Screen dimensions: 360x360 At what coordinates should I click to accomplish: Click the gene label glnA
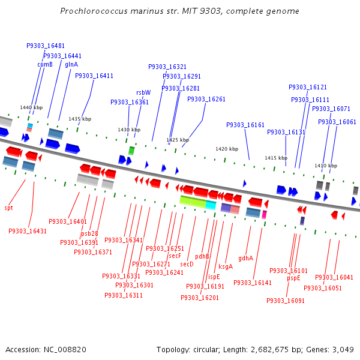[71, 64]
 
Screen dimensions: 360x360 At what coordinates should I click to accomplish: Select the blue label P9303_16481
[46, 46]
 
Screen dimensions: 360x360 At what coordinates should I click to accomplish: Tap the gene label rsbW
[143, 92]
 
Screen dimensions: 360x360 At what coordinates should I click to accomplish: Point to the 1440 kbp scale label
[31, 107]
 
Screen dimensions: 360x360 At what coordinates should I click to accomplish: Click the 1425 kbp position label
[178, 140]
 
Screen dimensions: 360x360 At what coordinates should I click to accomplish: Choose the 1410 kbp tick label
[326, 165]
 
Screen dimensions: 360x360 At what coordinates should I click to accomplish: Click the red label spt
[8, 208]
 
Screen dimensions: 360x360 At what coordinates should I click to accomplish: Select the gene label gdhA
[245, 258]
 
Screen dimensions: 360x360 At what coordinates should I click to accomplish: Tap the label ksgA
[226, 266]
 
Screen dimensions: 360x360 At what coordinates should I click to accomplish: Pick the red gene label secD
[187, 263]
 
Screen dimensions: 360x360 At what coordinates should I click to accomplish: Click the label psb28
[89, 233]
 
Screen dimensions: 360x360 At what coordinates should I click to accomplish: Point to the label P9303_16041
[334, 277]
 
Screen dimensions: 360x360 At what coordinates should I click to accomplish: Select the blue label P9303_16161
[245, 125]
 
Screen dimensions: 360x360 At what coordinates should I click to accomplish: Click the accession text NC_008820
[65, 349]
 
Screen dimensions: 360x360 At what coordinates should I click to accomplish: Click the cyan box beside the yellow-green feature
[211, 205]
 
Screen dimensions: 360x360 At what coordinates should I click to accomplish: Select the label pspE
[293, 278]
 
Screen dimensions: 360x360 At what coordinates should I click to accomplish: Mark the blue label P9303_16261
[206, 99]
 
